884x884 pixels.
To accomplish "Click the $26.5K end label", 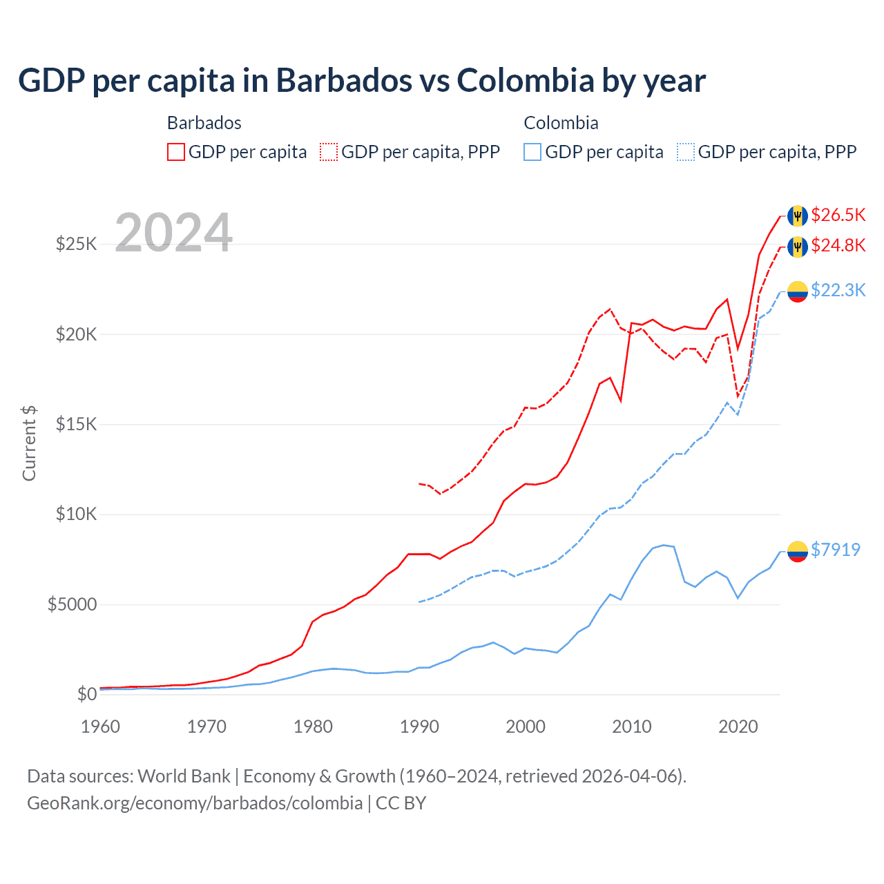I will (x=838, y=215).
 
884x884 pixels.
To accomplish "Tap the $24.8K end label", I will (x=838, y=245).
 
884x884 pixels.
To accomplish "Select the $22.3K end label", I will (x=838, y=290).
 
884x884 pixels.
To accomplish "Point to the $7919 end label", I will (x=835, y=550).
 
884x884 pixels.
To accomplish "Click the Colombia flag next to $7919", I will (x=798, y=551).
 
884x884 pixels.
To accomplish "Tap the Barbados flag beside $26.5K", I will (x=798, y=215).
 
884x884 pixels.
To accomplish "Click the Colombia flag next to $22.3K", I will (x=798, y=291).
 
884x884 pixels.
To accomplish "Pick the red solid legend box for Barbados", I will (x=176, y=152).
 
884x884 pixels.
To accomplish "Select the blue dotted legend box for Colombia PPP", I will (x=686, y=152).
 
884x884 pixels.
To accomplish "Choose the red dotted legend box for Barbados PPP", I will (x=329, y=152).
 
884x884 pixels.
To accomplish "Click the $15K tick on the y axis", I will (x=76, y=424).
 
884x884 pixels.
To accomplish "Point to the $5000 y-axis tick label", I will (x=72, y=605).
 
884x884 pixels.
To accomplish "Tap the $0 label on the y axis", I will (x=86, y=694).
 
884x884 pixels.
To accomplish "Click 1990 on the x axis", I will (x=419, y=727).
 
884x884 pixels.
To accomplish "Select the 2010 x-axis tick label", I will (x=632, y=727).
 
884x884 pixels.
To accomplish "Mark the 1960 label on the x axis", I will (x=101, y=727).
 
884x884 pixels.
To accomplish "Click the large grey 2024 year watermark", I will (x=173, y=233).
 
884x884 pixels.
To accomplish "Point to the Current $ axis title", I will (x=29, y=443).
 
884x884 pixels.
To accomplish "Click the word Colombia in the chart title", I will (x=526, y=80).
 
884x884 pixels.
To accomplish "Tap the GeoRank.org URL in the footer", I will (x=195, y=803).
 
